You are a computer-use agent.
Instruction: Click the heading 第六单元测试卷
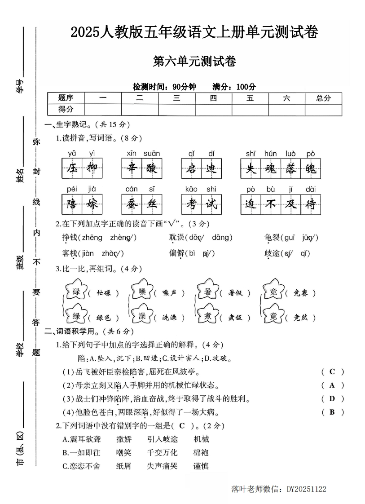[194, 62]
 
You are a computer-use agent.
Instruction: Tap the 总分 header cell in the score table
[323, 98]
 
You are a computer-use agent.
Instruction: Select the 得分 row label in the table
[66, 109]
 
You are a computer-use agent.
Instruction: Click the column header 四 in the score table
[213, 98]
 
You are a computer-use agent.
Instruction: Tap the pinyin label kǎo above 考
[191, 189]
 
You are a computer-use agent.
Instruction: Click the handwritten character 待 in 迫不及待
[311, 204]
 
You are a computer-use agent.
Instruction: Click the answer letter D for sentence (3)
[332, 398]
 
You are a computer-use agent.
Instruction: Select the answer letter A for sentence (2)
[332, 385]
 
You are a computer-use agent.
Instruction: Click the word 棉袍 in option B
[201, 452]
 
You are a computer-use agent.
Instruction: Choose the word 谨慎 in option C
[201, 466]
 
